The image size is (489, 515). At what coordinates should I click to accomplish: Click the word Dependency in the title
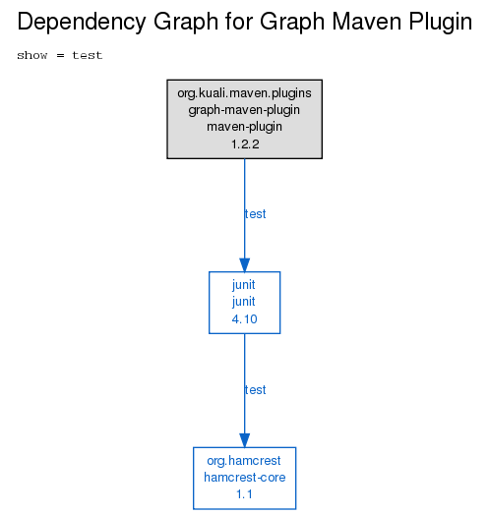(x=82, y=23)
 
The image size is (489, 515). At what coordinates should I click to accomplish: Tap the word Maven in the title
(x=368, y=21)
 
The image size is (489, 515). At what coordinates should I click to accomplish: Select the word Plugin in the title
(x=441, y=23)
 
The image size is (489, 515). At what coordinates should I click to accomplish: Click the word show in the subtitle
(x=32, y=55)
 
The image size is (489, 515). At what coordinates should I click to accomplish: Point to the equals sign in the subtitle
(x=60, y=55)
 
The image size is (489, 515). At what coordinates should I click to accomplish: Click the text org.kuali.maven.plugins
(x=244, y=93)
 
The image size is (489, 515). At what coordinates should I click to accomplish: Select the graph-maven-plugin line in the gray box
(x=244, y=110)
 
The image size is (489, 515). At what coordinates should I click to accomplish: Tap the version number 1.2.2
(x=245, y=144)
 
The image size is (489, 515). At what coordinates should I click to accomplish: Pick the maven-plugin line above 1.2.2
(x=244, y=127)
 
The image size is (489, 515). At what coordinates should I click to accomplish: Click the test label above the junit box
(x=255, y=214)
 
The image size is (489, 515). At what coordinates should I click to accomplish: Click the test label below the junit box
(x=255, y=390)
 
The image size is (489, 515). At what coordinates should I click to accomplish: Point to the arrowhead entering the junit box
(x=244, y=265)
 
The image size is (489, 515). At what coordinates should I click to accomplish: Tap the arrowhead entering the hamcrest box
(x=244, y=440)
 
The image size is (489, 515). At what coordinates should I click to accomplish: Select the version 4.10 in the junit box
(x=244, y=319)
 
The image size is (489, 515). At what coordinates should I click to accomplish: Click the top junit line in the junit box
(x=244, y=285)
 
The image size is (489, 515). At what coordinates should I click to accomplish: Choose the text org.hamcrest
(x=244, y=461)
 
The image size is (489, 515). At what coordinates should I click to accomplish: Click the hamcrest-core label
(x=245, y=478)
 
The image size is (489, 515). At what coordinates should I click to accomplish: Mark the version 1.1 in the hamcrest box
(x=244, y=494)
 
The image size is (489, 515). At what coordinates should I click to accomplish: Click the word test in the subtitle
(x=88, y=55)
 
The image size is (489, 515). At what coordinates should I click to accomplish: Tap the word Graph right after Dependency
(x=186, y=23)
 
